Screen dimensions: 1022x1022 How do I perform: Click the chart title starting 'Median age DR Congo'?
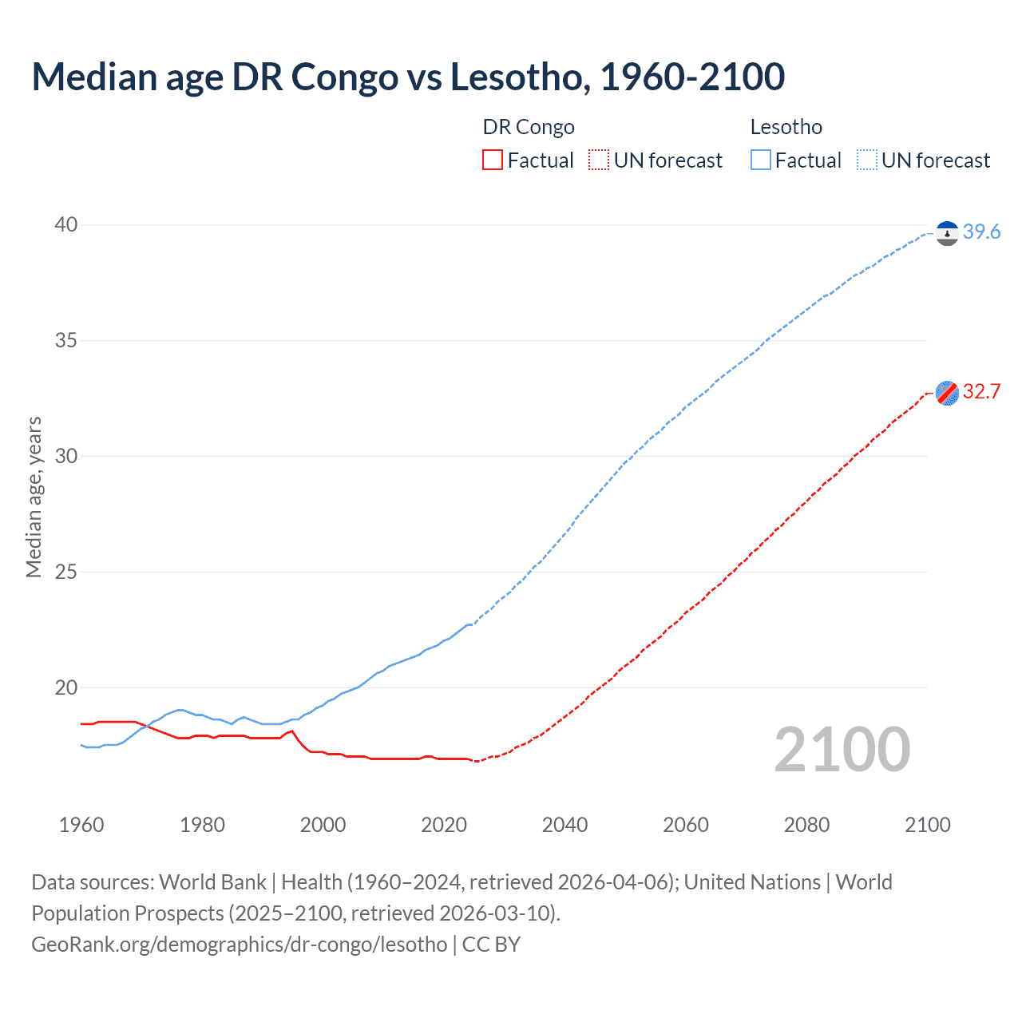tap(408, 77)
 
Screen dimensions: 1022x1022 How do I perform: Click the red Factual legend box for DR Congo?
tap(493, 160)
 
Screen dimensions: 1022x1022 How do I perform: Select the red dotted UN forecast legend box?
tap(599, 160)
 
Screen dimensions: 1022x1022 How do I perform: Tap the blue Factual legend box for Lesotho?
tap(760, 160)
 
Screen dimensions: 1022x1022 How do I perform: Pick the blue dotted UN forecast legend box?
tap(866, 160)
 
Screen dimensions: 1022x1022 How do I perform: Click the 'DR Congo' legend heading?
tap(529, 127)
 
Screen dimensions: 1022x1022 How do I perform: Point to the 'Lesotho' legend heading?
tap(786, 127)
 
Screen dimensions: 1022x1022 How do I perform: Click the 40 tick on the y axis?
tap(66, 224)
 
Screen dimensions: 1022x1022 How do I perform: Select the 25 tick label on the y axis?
tap(66, 572)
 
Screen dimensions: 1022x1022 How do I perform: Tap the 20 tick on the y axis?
tap(66, 687)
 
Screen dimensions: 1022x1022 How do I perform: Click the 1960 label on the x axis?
tap(81, 825)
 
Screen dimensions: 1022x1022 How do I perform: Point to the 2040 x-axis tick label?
tap(564, 825)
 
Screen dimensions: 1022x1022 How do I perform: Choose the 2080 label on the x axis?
tap(806, 825)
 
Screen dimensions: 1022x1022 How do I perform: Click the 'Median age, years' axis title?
tap(34, 497)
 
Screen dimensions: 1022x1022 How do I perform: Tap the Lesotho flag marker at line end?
tap(947, 233)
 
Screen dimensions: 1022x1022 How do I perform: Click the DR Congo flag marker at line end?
tap(947, 393)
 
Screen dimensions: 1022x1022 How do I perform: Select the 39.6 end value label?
tap(981, 232)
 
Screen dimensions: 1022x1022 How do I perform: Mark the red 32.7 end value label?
tap(981, 391)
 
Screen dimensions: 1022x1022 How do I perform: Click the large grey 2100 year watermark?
tap(842, 749)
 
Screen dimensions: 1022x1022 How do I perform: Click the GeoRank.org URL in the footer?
tap(240, 944)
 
